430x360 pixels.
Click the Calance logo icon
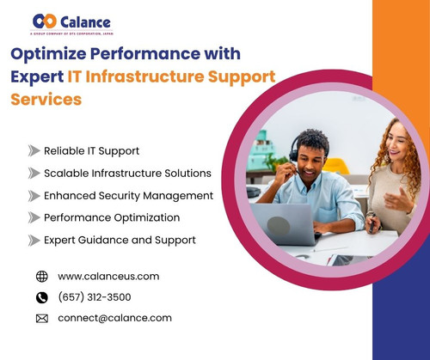click(x=44, y=20)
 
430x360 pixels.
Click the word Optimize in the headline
click(x=50, y=53)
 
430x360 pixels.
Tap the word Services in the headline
click(x=46, y=98)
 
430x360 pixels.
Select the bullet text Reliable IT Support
click(x=91, y=151)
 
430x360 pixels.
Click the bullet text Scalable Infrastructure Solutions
click(x=127, y=174)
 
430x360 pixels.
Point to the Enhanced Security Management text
click(x=128, y=196)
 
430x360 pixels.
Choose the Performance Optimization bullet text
click(x=112, y=218)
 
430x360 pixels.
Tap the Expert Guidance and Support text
click(x=120, y=241)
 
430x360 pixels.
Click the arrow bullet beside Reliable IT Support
click(x=34, y=151)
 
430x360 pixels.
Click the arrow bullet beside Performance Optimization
click(x=34, y=218)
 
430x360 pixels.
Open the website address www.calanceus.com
click(x=108, y=277)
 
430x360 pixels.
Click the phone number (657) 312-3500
click(x=95, y=297)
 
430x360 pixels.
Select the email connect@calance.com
click(x=114, y=318)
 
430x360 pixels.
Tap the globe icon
click(x=41, y=277)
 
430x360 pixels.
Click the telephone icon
click(x=41, y=297)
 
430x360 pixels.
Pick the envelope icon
click(x=41, y=319)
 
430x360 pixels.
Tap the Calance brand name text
click(x=85, y=20)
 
